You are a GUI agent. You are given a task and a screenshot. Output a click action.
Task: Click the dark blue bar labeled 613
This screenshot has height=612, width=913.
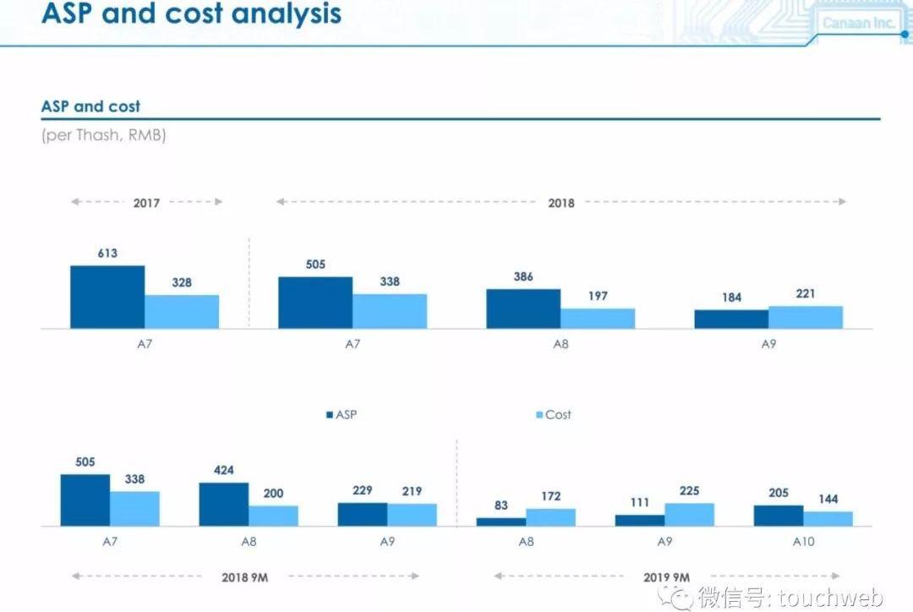pyautogui.click(x=107, y=297)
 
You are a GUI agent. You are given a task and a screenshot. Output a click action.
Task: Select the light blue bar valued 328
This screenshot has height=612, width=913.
pyautogui.click(x=182, y=311)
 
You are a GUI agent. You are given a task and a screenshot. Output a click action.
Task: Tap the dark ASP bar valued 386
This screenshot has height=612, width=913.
pyautogui.click(x=523, y=309)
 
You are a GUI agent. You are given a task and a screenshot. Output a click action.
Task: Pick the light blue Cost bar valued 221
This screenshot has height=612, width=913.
pyautogui.click(x=806, y=317)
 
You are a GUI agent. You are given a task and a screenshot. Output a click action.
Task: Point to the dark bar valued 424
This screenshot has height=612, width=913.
pyautogui.click(x=224, y=505)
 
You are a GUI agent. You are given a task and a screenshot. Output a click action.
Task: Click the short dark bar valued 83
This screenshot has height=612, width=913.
pyautogui.click(x=501, y=522)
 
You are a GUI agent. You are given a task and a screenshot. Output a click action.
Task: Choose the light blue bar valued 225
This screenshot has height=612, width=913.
pyautogui.click(x=689, y=515)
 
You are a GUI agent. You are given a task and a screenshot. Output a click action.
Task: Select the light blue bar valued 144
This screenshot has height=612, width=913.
pyautogui.click(x=828, y=518)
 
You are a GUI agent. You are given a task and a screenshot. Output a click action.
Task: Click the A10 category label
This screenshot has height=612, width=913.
pyautogui.click(x=803, y=542)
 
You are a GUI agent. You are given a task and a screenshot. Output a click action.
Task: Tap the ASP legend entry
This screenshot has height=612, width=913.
pyautogui.click(x=342, y=414)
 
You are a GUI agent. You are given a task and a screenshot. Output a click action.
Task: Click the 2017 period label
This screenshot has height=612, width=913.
pyautogui.click(x=146, y=202)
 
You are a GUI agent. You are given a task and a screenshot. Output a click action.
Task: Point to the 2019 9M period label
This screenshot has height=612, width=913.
pyautogui.click(x=667, y=576)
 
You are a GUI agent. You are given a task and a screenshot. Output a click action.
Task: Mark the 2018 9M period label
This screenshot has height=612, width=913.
pyautogui.click(x=246, y=576)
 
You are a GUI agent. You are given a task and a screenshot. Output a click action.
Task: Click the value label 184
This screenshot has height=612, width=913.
pyautogui.click(x=731, y=298)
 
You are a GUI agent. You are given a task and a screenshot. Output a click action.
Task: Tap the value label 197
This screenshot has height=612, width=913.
pyautogui.click(x=598, y=296)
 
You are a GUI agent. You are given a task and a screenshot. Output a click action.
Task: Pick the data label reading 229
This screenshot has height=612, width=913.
pyautogui.click(x=363, y=490)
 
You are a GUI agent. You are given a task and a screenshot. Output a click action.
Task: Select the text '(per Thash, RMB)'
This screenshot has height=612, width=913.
pyautogui.click(x=103, y=135)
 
